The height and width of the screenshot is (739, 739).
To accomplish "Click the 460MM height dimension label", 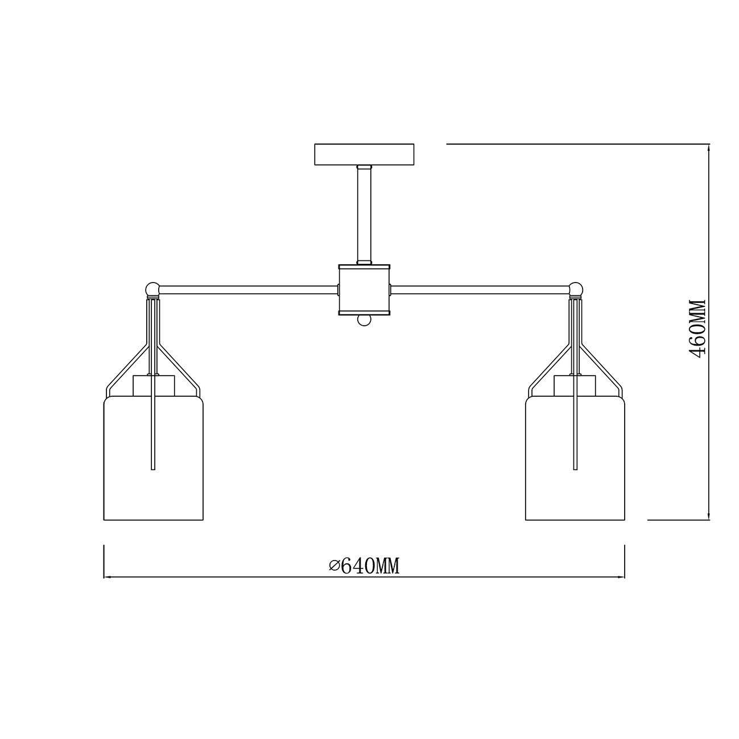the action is pyautogui.click(x=697, y=329).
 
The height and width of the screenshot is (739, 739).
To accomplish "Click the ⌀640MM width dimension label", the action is pyautogui.click(x=364, y=566).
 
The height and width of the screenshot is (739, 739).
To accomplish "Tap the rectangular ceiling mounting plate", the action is pyautogui.click(x=364, y=155).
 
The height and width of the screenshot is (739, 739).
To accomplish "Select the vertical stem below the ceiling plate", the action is pyautogui.click(x=364, y=215).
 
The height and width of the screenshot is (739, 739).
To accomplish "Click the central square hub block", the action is pyautogui.click(x=364, y=290).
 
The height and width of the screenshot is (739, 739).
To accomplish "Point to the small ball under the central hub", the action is pyautogui.click(x=364, y=320).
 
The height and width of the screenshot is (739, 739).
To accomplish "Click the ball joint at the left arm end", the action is pyautogui.click(x=152, y=288).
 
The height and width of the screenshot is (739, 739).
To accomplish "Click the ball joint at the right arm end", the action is pyautogui.click(x=576, y=288).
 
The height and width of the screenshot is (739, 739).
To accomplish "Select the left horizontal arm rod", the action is pyautogui.click(x=249, y=290).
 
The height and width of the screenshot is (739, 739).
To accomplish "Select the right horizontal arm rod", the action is pyautogui.click(x=480, y=290).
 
